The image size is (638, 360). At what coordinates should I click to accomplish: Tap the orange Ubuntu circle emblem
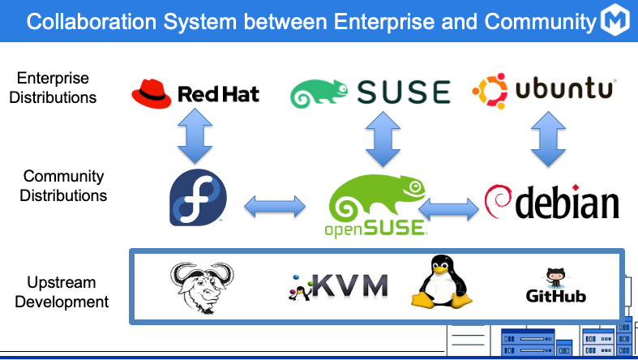tap(490, 90)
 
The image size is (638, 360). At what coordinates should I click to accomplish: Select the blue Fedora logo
tap(198, 197)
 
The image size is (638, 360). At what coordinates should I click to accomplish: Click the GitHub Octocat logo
tap(556, 279)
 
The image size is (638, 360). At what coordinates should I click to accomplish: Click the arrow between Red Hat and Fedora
tap(195, 135)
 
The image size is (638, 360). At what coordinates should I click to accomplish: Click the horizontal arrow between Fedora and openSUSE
tap(275, 206)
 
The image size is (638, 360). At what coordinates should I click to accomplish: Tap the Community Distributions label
tap(63, 186)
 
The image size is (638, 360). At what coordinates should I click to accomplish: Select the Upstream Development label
tap(63, 292)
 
